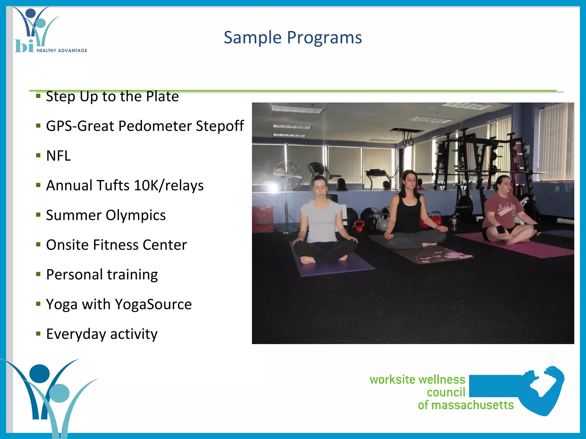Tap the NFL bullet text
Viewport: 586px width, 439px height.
pyautogui.click(x=58, y=156)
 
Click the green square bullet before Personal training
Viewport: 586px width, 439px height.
pyautogui.click(x=38, y=274)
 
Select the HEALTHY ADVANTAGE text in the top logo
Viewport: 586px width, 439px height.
pyautogui.click(x=62, y=51)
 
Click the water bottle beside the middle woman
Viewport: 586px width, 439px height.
pyautogui.click(x=454, y=223)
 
